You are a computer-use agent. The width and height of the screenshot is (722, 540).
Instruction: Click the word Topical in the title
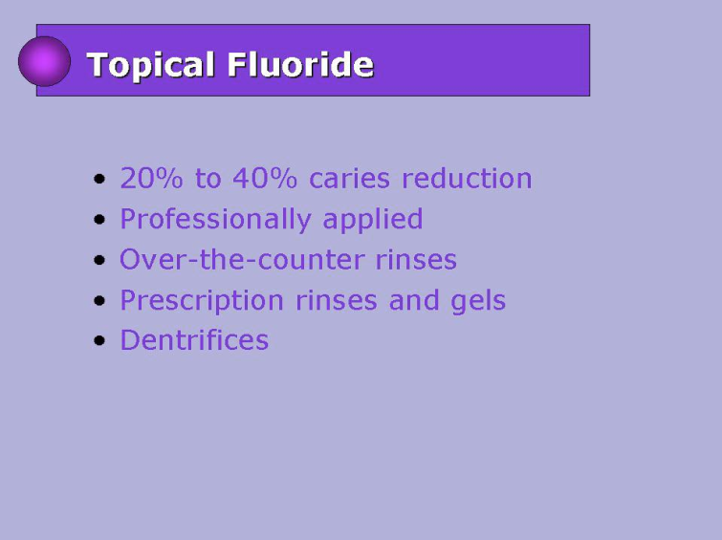point(150,65)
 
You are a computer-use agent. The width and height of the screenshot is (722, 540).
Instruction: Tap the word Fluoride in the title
point(300,63)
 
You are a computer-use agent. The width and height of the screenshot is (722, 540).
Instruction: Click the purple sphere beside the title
point(44,61)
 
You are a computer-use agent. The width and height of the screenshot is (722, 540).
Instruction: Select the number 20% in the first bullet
point(151,178)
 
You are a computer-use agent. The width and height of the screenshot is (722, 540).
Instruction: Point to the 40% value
point(265,178)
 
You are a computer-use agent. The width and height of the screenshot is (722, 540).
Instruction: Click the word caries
point(349,179)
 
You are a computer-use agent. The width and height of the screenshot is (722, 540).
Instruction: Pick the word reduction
point(467,178)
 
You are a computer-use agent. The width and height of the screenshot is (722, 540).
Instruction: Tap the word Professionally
point(215,220)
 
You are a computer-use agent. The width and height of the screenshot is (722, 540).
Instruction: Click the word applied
point(373,220)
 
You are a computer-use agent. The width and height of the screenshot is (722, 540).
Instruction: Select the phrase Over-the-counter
point(242,259)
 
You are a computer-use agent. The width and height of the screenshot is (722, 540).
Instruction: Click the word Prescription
point(202,301)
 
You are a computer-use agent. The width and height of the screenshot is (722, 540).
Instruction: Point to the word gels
point(478,301)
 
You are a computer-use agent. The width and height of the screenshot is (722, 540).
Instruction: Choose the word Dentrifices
point(194,340)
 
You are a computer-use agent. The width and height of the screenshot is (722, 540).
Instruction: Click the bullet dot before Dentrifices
point(99,340)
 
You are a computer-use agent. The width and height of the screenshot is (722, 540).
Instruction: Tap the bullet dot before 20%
point(99,179)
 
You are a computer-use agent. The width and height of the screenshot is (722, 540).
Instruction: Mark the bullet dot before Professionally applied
point(99,219)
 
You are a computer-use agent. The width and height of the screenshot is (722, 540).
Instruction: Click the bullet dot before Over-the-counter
point(99,260)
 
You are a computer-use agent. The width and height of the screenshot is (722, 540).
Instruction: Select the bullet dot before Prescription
point(99,301)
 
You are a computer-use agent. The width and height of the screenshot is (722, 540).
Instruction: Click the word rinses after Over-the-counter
point(416,260)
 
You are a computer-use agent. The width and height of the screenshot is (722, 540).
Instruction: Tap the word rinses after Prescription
point(336,301)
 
